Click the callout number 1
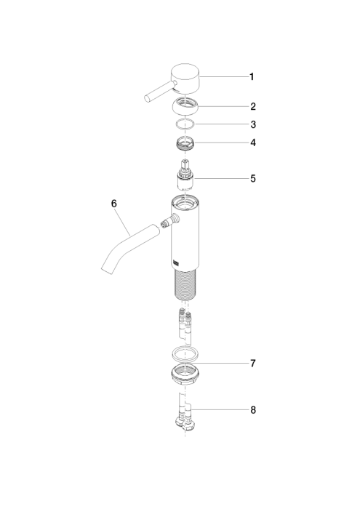(x=252, y=77)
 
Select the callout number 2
(x=253, y=106)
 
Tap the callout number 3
(x=253, y=124)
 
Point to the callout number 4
(x=253, y=143)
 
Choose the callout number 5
(x=253, y=179)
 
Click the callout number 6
(x=114, y=204)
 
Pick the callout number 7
(x=253, y=364)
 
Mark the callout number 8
(x=253, y=410)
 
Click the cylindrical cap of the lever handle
(x=185, y=78)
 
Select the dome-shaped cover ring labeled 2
(x=185, y=106)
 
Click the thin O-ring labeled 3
(x=185, y=124)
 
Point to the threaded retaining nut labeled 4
(x=185, y=143)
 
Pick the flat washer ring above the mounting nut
(x=185, y=355)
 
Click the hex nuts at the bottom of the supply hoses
(x=184, y=423)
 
